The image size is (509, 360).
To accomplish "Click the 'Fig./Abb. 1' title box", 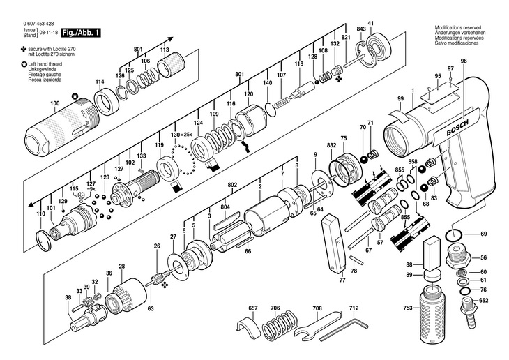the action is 81,33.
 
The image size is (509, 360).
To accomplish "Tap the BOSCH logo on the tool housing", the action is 457,128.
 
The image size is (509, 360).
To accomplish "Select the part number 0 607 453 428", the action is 38,24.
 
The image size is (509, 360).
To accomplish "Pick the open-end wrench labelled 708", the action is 317,326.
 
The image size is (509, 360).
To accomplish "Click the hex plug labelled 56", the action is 457,256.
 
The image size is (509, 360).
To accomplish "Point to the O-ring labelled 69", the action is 453,234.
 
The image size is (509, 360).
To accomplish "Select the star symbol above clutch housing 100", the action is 75,96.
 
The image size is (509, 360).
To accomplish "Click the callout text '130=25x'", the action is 181,135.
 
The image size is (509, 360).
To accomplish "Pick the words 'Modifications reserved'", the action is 458,28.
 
